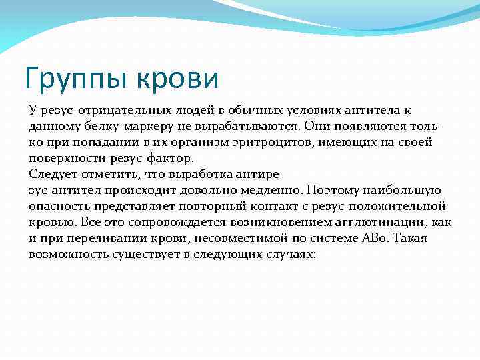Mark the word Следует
click(x=51, y=174)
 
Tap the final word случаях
click(x=286, y=254)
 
